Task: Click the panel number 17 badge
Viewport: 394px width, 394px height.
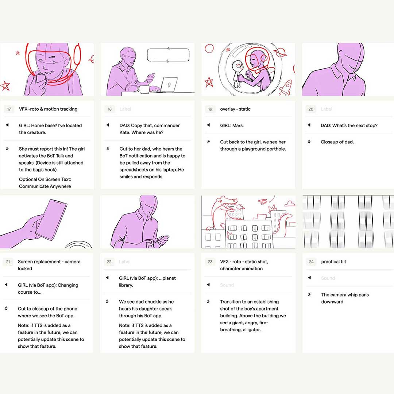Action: click(x=9, y=109)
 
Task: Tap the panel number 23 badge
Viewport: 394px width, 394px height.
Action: click(x=210, y=262)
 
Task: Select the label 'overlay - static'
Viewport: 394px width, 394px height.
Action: click(x=235, y=109)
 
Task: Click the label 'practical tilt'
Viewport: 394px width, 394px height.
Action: click(x=333, y=262)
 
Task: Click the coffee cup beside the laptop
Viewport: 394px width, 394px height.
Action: click(x=144, y=89)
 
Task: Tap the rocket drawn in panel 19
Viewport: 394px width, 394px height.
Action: click(x=286, y=87)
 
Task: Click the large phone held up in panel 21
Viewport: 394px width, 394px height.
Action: click(x=51, y=219)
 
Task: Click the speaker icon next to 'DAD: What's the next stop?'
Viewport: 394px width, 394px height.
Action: click(x=309, y=125)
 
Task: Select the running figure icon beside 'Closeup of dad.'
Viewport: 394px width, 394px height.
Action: click(x=309, y=142)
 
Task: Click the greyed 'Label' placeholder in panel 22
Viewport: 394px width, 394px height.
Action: click(x=125, y=262)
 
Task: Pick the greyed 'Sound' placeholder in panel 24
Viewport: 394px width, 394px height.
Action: click(x=328, y=278)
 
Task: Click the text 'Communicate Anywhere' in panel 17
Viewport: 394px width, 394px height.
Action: click(x=45, y=186)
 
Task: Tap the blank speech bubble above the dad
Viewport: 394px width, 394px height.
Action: click(x=168, y=55)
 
